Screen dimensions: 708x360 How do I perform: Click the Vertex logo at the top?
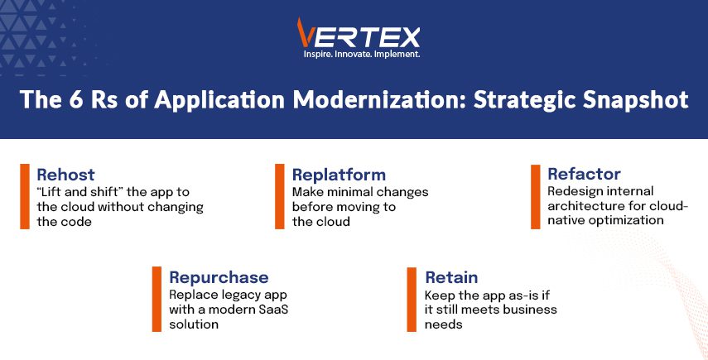pos(359,33)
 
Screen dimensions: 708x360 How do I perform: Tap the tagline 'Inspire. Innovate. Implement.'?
pos(362,54)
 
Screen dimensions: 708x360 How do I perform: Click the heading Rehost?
pos(66,175)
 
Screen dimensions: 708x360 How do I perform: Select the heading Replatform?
pos(339,175)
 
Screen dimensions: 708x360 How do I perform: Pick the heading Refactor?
pos(584,174)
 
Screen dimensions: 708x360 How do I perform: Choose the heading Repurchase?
pos(219,277)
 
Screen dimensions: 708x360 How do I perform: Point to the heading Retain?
pos(451,277)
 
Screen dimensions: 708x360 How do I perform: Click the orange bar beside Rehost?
pos(25,196)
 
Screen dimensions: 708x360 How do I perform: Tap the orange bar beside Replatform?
pos(280,196)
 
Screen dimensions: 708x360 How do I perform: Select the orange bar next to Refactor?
pos(536,197)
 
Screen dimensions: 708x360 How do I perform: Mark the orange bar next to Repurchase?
pos(157,299)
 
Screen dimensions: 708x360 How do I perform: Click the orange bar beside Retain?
pos(412,300)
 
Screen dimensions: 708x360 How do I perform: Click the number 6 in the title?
pos(76,100)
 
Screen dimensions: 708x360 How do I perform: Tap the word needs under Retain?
pos(443,324)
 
